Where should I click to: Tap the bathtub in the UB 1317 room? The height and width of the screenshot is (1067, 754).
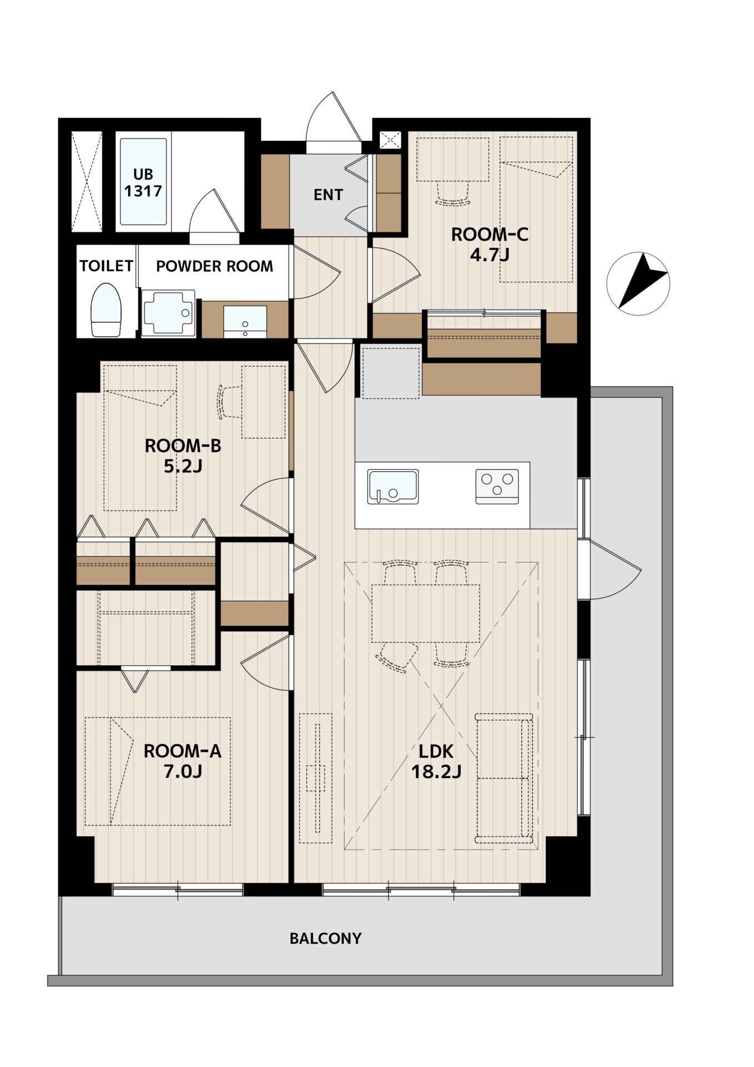coord(143,181)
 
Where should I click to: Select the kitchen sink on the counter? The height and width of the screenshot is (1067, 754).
coord(393,487)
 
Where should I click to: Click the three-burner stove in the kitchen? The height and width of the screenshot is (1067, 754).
coord(497,486)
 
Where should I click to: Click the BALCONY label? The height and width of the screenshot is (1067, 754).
coord(325,939)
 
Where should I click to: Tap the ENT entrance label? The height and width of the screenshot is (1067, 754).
coord(328,195)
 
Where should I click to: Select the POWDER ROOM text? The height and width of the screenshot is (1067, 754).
coord(214,266)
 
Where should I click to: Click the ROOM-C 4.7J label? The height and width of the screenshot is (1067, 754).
coord(489,245)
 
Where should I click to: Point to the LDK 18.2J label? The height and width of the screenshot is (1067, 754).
coord(436,761)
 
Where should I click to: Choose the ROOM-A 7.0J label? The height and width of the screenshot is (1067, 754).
coord(182,761)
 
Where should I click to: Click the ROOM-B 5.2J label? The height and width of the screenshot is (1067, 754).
coord(183,456)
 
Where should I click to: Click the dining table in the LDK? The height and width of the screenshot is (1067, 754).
coord(425,613)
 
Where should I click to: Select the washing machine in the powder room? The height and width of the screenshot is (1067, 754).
coord(168,313)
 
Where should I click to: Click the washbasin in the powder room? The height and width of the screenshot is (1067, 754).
coord(245,321)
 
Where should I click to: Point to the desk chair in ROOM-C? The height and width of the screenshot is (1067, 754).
coord(453,195)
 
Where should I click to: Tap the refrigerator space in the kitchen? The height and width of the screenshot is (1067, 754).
coord(391,372)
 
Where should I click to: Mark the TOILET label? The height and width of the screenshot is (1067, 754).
coord(106,266)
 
